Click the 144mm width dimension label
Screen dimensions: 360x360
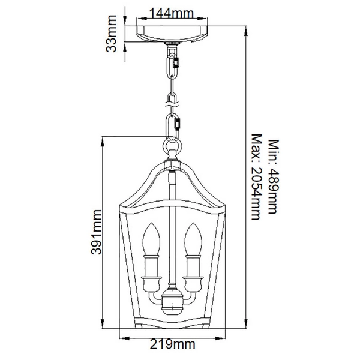(172, 14)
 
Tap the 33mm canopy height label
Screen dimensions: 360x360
(112, 34)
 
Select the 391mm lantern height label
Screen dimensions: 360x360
(96, 232)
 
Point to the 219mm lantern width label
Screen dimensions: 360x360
(173, 344)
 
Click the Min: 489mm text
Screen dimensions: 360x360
(274, 176)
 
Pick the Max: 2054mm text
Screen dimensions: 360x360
(257, 177)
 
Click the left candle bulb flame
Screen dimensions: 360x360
(151, 239)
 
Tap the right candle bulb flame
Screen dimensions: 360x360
(193, 239)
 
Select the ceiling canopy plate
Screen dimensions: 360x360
(172, 34)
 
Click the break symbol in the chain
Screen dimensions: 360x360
(172, 105)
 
